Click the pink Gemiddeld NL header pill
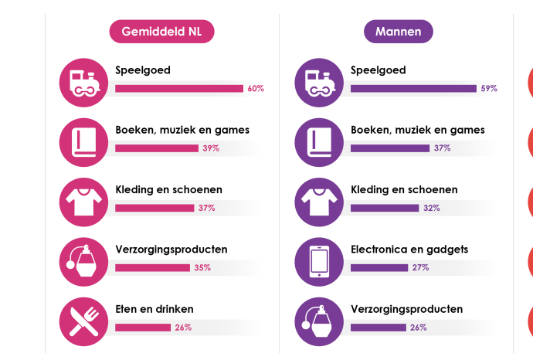(161, 32)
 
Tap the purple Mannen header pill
(398, 32)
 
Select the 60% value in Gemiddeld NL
(256, 89)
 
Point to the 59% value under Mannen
(489, 89)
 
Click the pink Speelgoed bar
(179, 89)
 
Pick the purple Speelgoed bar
(413, 89)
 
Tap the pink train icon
(83, 83)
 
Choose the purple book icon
(319, 142)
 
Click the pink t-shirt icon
(83, 202)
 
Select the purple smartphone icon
(319, 262)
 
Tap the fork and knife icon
(83, 321)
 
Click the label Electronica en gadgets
(409, 250)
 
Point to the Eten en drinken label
(154, 309)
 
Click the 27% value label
(420, 267)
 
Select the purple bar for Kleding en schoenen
(385, 208)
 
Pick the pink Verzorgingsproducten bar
(152, 268)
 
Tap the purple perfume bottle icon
(319, 321)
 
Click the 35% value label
(202, 268)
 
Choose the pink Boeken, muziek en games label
(182, 130)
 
